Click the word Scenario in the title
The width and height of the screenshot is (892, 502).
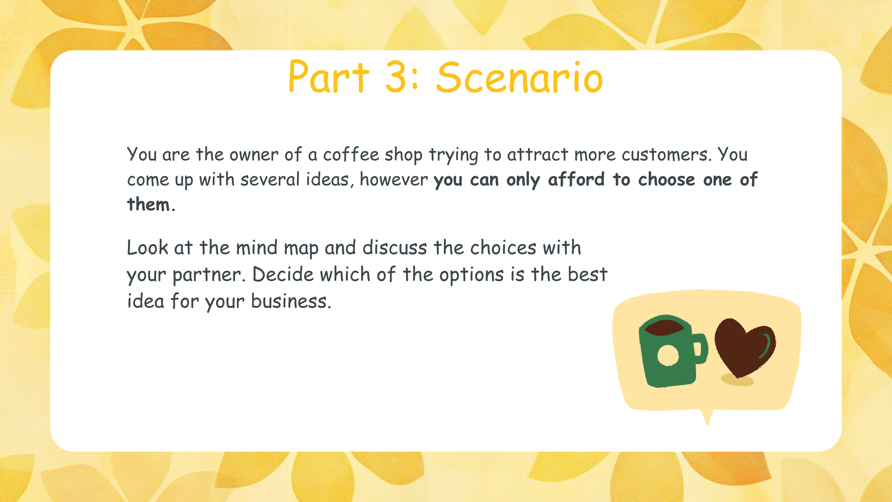coord(519,78)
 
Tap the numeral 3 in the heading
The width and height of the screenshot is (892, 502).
coord(395,78)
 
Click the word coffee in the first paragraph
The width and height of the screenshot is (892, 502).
coord(351,155)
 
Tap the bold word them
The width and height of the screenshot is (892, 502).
coord(149,204)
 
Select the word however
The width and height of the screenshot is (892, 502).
coord(394,179)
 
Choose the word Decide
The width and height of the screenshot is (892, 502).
coord(283,274)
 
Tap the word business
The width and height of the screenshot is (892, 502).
coord(291,301)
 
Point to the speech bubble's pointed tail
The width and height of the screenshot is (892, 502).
coord(707,418)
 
